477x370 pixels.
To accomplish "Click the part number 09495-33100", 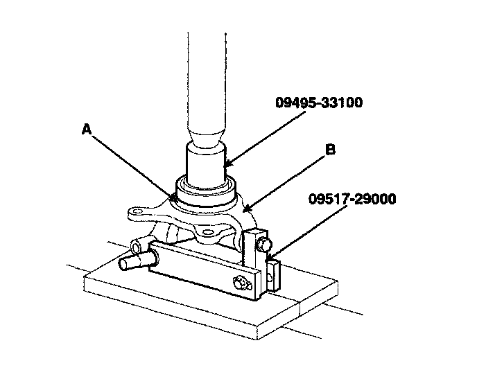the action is coord(318,103).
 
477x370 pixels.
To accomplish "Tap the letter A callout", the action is coord(86,129).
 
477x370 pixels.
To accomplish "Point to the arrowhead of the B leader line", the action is coord(243,211).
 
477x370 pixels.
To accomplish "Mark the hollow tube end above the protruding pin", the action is coord(139,246).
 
